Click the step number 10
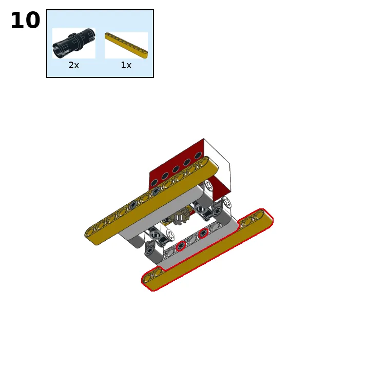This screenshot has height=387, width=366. click(25, 20)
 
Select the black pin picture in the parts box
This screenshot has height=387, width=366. click(73, 43)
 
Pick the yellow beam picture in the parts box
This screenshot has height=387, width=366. click(126, 45)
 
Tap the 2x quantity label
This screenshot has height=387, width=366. click(73, 65)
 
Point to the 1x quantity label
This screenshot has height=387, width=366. click(126, 65)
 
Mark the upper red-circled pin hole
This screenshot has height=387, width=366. click(203, 233)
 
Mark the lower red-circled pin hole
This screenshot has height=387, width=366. click(181, 245)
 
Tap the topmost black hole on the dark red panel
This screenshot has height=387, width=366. click(198, 156)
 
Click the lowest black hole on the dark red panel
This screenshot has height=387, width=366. click(154, 183)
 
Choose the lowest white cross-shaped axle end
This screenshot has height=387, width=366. click(170, 235)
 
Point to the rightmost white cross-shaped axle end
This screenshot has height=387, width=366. click(227, 202)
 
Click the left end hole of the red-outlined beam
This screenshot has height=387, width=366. click(148, 279)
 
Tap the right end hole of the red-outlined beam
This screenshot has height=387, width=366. click(259, 215)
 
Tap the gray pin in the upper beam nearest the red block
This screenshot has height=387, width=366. click(156, 191)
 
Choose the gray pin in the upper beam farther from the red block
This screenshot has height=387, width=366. click(133, 205)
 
